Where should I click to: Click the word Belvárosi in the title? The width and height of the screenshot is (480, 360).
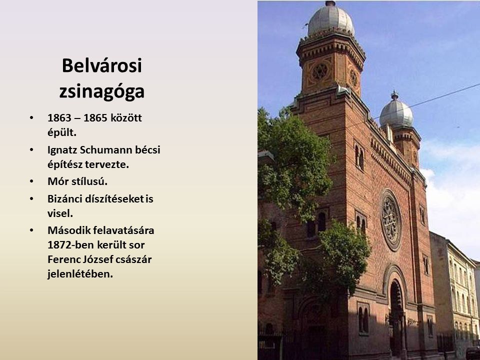pos(102,65)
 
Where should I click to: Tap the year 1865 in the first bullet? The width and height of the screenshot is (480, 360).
pos(95,118)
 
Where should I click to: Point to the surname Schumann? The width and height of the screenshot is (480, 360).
pos(106,150)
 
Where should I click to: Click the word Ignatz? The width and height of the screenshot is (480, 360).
pos(62,150)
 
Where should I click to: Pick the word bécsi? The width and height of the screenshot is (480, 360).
pos(148,150)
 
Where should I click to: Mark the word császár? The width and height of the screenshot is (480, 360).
pos(136,259)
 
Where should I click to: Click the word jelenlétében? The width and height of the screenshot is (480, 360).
pos(80,274)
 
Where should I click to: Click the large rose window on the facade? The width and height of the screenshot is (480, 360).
pos(390,220)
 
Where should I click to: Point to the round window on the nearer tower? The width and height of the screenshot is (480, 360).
pos(320,71)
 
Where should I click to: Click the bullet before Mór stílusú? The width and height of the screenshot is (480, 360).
pos(31,181)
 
